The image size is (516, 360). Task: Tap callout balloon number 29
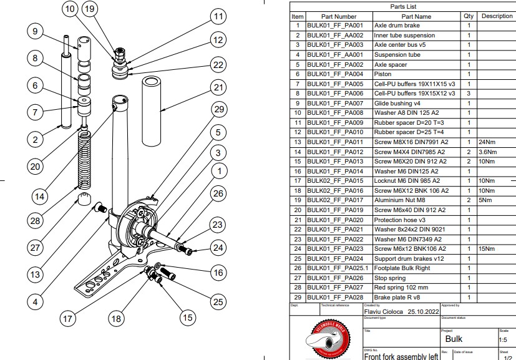[217, 110]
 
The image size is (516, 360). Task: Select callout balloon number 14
[39, 196]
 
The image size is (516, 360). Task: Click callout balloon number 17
[67, 318]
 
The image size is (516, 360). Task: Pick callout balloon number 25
[217, 302]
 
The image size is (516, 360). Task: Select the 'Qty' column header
[468, 16]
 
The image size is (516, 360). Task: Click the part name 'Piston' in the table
[382, 74]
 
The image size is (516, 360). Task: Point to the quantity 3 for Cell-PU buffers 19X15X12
[468, 94]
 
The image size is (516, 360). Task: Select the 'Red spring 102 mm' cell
[401, 288]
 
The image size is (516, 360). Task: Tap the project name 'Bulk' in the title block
[454, 339]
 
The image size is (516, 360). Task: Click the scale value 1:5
[503, 341]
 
